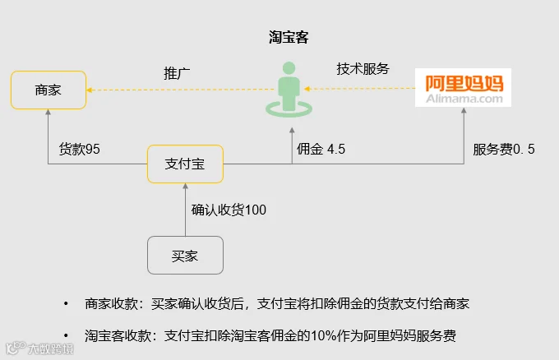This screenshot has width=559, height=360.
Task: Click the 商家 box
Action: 49,90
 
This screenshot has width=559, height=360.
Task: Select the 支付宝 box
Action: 186,164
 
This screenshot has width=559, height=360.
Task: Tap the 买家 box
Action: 186,256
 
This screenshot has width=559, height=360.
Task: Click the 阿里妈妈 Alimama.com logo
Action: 463,88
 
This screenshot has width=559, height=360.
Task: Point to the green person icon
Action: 289,90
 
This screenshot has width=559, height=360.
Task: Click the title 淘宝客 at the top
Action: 289,37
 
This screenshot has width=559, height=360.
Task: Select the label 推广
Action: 177,73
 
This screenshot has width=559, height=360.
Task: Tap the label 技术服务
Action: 363,69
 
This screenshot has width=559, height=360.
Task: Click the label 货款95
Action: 80,149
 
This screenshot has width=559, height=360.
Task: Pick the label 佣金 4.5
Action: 321,149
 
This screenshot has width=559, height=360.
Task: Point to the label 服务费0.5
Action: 504,150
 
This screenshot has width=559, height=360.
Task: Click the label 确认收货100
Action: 229,210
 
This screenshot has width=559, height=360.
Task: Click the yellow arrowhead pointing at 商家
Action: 90,90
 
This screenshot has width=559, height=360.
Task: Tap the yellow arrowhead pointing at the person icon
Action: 307,89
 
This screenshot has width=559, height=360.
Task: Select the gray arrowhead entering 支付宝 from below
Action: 186,186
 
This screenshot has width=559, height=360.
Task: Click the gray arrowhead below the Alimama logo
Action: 464,110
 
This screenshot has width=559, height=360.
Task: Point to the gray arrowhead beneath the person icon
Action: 292,131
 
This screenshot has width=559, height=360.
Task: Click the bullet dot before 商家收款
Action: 66,303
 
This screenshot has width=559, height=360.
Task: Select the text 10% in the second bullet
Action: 323,336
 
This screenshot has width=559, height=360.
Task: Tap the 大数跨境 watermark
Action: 40,348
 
